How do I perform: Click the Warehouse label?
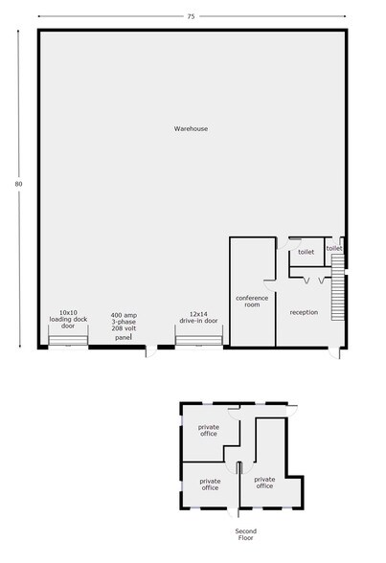pos(191,128)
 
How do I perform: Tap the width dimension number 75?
pos(191,16)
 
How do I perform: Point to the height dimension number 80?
pos(18,184)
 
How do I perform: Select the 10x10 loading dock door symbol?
pos(68,340)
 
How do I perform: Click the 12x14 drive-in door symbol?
pos(198,340)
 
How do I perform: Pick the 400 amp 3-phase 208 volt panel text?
pos(124,327)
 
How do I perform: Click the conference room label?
pos(252,302)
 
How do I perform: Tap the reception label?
pos(304,312)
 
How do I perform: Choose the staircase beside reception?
pos(337,287)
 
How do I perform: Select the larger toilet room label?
pos(306,252)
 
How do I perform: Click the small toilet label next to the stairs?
pos(334,249)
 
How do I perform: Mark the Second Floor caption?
pos(246,534)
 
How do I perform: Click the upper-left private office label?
pos(209,430)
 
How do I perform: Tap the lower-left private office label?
pos(210,484)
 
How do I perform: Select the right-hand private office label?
pos(264,483)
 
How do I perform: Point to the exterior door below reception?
pos(334,352)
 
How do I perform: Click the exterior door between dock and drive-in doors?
pos(151,351)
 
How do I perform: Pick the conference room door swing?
pos(270,285)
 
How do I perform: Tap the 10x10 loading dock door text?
pos(68,319)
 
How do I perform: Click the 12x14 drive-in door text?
pos(198,318)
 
